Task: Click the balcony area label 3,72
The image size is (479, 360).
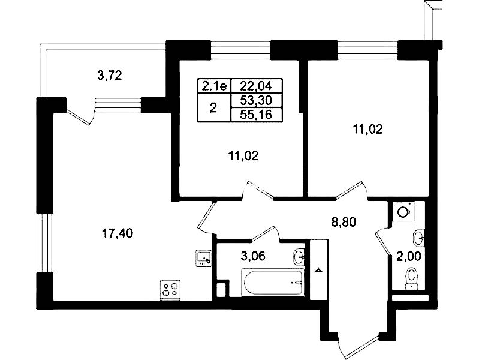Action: tap(109, 75)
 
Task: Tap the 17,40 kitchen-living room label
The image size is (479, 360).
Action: tap(118, 233)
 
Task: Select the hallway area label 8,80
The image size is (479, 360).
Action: tap(344, 222)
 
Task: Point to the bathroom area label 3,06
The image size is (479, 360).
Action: tap(253, 256)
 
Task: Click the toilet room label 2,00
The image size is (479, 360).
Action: tap(409, 256)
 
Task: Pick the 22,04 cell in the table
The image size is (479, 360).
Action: tap(256, 86)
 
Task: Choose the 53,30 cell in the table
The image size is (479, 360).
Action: tap(256, 100)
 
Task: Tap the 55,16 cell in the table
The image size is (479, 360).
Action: tap(256, 115)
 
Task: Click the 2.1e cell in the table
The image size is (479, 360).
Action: tap(215, 86)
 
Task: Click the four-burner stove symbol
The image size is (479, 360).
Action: tap(170, 290)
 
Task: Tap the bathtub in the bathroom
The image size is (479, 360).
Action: tap(273, 283)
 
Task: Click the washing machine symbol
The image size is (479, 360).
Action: tap(403, 211)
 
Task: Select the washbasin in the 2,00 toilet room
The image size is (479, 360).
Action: tap(419, 238)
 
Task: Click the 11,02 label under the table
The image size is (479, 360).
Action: tap(243, 156)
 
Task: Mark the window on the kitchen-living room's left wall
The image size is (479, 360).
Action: tap(45, 242)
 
